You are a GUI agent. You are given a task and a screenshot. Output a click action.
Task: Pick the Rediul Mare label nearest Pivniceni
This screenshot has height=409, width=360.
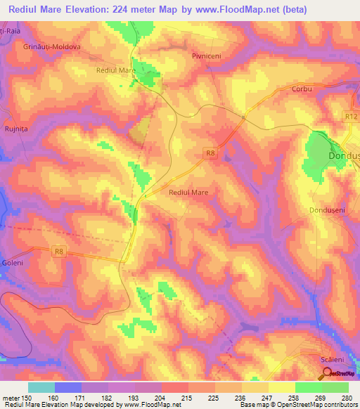(116, 71)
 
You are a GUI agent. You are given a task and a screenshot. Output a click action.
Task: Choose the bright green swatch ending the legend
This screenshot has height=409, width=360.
(335, 387)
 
